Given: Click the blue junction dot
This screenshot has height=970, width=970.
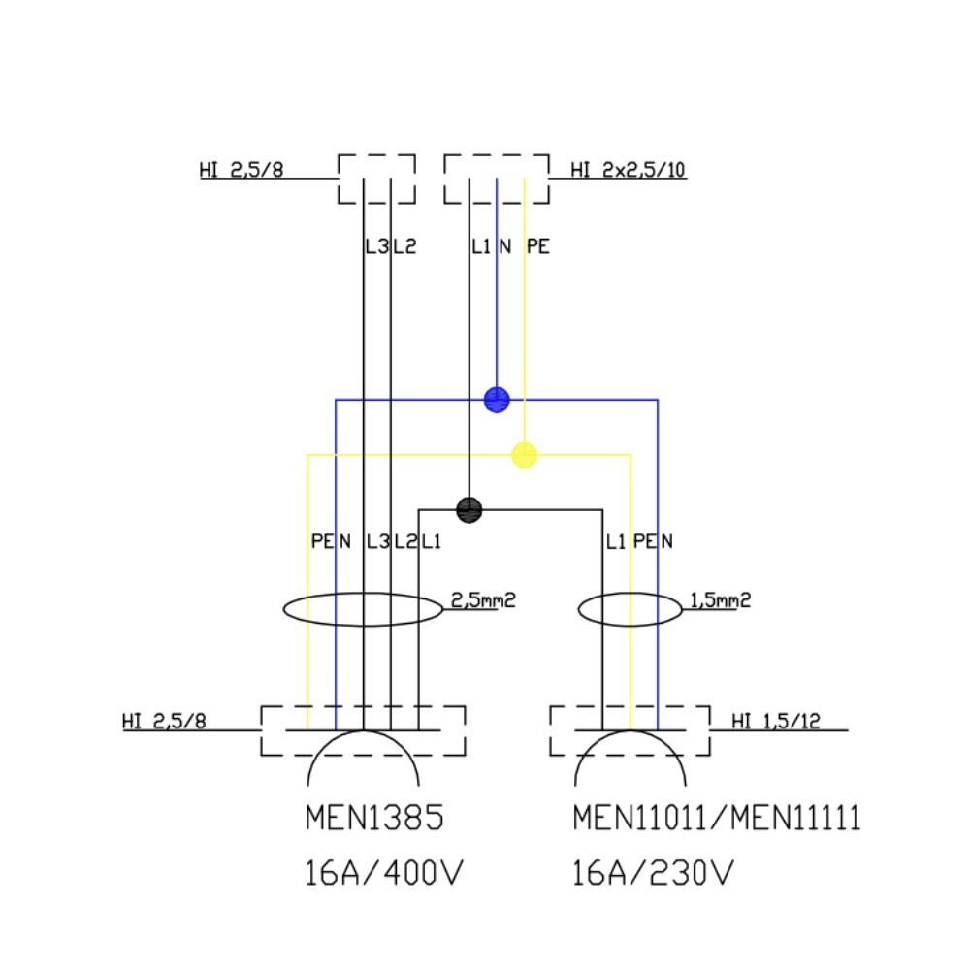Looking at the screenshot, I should click(497, 398).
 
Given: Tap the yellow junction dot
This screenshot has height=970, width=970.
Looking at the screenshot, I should click(524, 454).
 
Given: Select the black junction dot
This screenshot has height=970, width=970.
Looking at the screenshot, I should click(469, 509).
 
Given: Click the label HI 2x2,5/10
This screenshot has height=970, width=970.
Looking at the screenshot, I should click(628, 171).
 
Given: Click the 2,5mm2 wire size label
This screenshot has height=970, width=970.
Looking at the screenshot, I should click(483, 600).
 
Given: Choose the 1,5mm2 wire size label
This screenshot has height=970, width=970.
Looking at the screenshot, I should click(720, 600).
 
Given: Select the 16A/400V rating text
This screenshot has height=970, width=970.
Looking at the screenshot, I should click(385, 875).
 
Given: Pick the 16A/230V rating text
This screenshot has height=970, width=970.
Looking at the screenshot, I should click(652, 875).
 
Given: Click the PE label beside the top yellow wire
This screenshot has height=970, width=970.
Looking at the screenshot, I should click(537, 247).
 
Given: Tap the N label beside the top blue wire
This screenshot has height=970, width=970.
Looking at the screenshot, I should click(505, 247).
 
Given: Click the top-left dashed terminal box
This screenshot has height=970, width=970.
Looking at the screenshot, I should click(376, 178).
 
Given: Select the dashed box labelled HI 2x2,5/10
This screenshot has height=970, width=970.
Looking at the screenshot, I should click(497, 178).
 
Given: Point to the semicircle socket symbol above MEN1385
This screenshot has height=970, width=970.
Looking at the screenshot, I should click(364, 758).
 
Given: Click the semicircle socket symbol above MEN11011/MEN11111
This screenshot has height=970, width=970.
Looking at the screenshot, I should click(630, 758).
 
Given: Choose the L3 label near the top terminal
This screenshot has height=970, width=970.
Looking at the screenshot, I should click(375, 247).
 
